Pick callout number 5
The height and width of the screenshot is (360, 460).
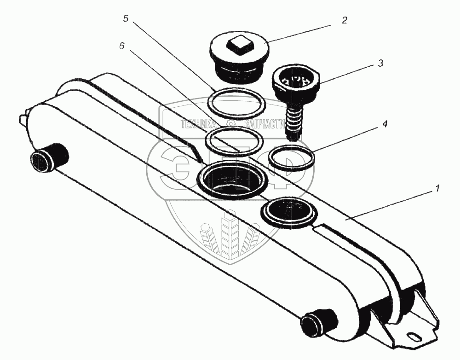(126, 19)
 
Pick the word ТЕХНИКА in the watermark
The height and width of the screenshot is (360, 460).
(199, 124)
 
